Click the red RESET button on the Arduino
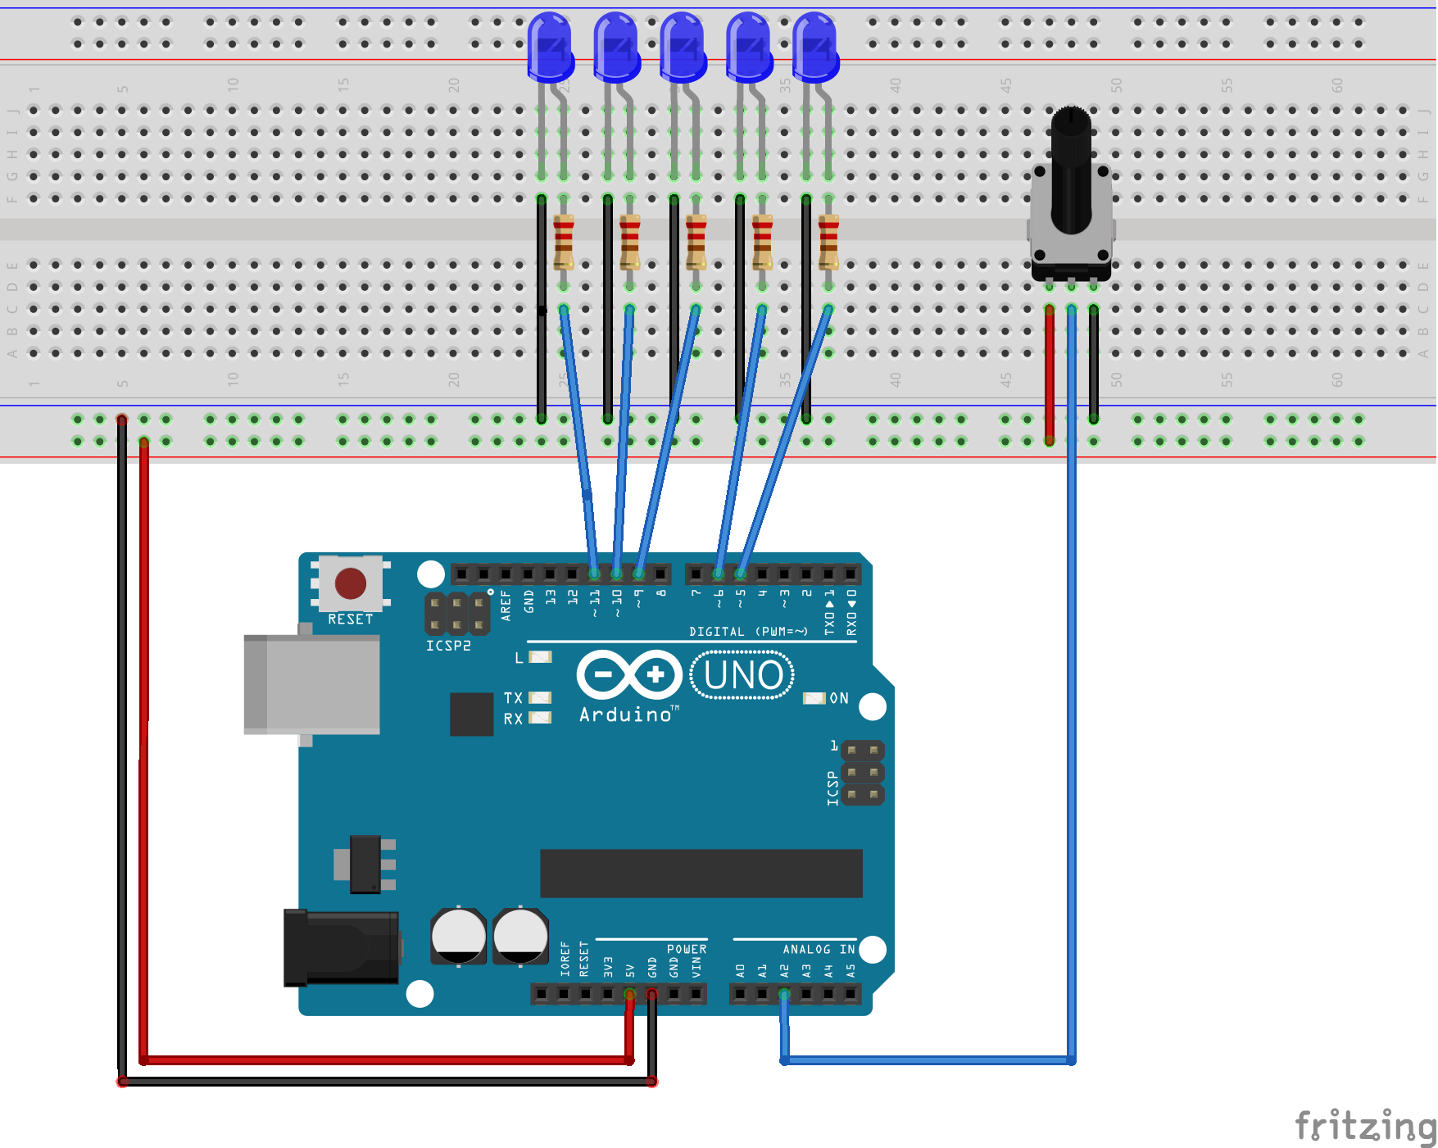[351, 583]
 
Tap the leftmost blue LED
[550, 48]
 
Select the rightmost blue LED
[815, 48]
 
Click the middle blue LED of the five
[683, 48]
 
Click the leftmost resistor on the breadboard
[564, 242]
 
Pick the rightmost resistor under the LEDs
[828, 242]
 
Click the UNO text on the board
[743, 676]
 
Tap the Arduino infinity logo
[629, 675]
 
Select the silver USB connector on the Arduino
[311, 684]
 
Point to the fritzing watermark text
[1363, 1126]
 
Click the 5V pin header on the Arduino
[629, 994]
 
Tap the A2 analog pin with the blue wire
[784, 994]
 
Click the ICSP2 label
[448, 646]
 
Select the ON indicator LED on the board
[814, 698]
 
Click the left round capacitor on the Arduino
[459, 935]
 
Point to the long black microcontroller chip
[701, 873]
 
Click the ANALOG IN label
[818, 949]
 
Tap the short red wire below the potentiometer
[1050, 373]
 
